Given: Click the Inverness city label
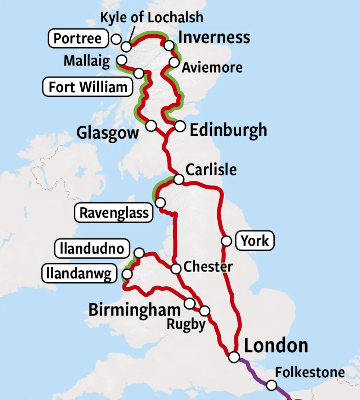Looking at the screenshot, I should (x=214, y=37).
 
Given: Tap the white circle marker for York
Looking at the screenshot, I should (x=226, y=241).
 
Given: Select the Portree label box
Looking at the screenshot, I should (x=78, y=39).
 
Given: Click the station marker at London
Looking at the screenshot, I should (x=234, y=357).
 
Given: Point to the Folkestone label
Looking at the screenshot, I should (x=310, y=372).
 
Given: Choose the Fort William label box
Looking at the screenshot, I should (x=88, y=87).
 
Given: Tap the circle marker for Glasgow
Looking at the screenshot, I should (x=151, y=126).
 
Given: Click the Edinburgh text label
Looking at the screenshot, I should (x=228, y=130).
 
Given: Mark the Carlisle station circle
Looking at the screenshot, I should (x=179, y=179).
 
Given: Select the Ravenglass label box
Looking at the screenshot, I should (x=114, y=213).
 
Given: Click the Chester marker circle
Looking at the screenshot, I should (x=176, y=269).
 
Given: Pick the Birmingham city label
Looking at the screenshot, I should (x=135, y=310).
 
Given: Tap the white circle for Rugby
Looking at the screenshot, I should (x=204, y=310).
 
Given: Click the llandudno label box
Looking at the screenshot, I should (x=92, y=248).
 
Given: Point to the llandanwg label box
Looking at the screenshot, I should (x=80, y=274).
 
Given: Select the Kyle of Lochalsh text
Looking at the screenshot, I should (x=151, y=17).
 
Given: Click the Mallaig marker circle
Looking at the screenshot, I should (x=122, y=59).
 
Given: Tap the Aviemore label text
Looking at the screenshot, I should (x=212, y=67).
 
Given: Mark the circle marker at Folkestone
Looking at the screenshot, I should (x=271, y=386).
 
